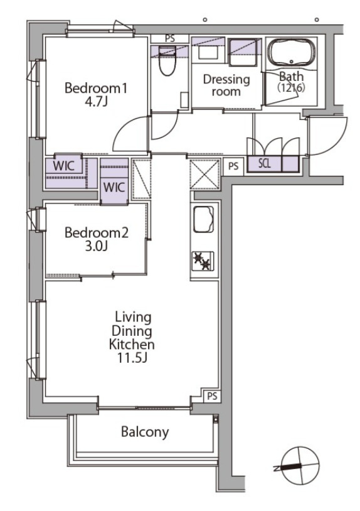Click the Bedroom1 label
[96, 89]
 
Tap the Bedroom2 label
[97, 233]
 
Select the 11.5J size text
[132, 358]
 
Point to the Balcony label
[145, 432]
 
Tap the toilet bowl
[167, 62]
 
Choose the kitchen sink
[203, 219]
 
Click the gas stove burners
[203, 261]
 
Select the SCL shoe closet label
[264, 163]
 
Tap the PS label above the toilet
[170, 38]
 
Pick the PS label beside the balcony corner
[212, 396]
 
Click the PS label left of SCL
[233, 166]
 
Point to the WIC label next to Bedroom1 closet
[63, 166]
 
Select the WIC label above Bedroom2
[114, 188]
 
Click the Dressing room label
[226, 85]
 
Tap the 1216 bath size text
[291, 88]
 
